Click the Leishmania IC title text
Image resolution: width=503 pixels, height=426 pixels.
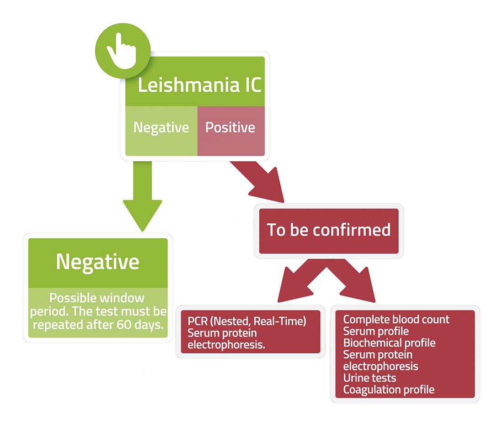(199, 85)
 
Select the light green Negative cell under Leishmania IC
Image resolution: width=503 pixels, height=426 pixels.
(161, 131)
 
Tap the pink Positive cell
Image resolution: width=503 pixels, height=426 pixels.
(231, 131)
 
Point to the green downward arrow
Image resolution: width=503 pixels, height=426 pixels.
(142, 195)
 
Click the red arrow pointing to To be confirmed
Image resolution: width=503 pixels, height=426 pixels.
(258, 181)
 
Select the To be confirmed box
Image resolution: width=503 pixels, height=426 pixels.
(329, 231)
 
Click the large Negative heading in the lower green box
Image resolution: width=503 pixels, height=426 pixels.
(97, 262)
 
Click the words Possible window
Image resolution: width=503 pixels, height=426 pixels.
(97, 298)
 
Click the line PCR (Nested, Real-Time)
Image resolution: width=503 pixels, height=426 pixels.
(246, 321)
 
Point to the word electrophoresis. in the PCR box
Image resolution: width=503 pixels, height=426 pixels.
(226, 345)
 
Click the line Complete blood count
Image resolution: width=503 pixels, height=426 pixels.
(396, 319)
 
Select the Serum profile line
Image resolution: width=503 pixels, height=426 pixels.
(376, 331)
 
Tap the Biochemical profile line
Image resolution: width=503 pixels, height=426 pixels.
(390, 343)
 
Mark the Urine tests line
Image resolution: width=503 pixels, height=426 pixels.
(369, 378)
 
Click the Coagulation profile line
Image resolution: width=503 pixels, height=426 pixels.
(389, 390)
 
